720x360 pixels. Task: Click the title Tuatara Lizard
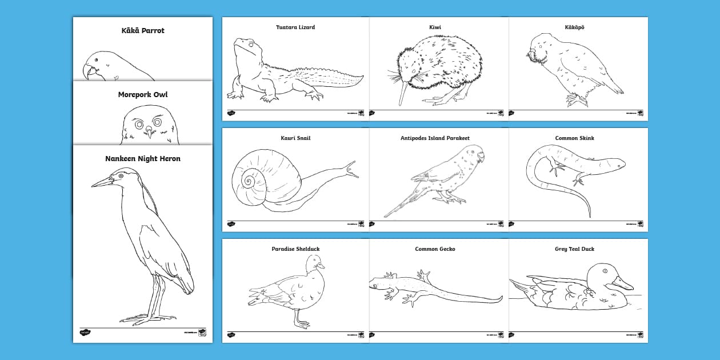coord(295,27)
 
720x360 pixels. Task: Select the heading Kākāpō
coord(578,27)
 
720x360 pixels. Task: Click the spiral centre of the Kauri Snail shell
coord(249,182)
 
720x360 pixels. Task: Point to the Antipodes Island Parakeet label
coord(435,138)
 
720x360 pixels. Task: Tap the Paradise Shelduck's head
coord(314,262)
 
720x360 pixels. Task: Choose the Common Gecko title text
coord(435,249)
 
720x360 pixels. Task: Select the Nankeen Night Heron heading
coord(142,158)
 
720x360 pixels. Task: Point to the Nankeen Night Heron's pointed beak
coord(102,182)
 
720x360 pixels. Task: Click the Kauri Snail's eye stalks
coord(351,168)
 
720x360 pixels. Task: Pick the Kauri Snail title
coord(295,138)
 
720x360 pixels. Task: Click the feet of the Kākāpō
coord(576,101)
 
